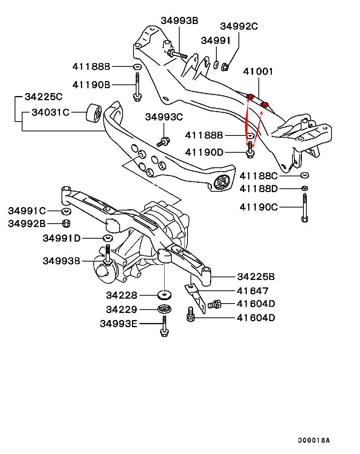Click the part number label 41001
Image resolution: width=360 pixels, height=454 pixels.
click(x=258, y=71)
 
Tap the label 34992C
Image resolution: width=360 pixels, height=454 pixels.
click(x=239, y=26)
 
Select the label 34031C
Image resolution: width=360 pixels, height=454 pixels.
click(x=50, y=112)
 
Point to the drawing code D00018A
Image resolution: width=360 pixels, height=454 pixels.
click(x=314, y=440)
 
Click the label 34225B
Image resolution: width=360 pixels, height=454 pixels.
click(x=256, y=277)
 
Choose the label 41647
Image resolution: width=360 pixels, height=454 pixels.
click(x=252, y=290)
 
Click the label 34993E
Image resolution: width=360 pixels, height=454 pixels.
click(x=118, y=323)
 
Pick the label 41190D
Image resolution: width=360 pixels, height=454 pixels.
click(x=204, y=152)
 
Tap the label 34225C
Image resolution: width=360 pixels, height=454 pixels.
click(x=43, y=96)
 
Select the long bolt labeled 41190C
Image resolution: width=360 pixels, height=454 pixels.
click(x=304, y=208)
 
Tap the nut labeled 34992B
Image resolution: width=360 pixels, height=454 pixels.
click(x=66, y=223)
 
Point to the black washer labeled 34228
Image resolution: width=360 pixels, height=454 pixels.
click(x=164, y=295)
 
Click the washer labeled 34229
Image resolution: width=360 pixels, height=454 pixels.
click(x=164, y=310)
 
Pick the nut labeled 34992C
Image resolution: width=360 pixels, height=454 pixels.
click(x=226, y=67)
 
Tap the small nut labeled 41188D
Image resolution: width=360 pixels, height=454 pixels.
click(x=304, y=188)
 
